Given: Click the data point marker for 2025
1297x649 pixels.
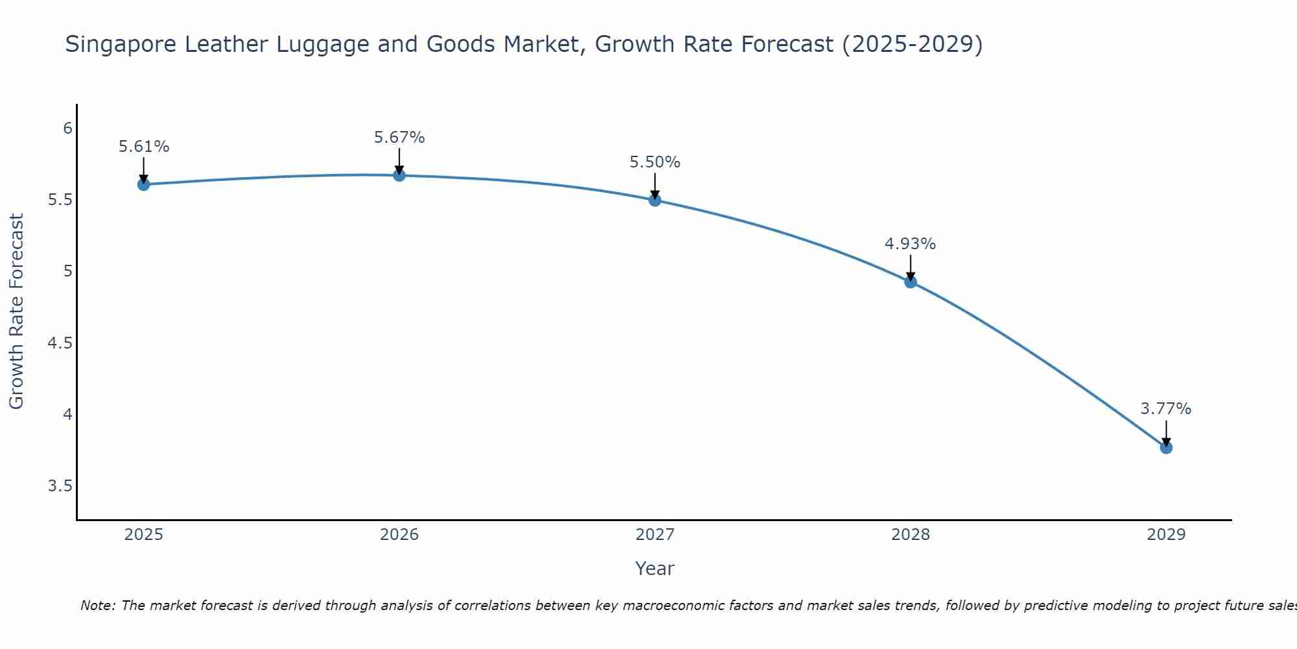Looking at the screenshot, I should coord(143,184).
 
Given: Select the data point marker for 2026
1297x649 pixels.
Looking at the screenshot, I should coord(399,175).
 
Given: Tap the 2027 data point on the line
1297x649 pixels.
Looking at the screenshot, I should coord(654,200).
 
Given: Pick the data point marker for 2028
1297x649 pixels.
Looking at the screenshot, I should coord(910,282).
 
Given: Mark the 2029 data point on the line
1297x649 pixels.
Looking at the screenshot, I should coord(1165,447).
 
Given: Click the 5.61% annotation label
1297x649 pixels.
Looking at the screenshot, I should coord(143,147).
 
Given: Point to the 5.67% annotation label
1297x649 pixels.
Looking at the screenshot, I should coord(399,138).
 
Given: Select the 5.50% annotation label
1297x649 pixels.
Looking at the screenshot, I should coord(654,162).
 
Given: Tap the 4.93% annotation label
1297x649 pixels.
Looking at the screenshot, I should coord(910,244).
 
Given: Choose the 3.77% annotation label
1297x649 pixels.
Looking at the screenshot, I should coord(1165,409).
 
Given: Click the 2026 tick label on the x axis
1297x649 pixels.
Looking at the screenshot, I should coord(399,535).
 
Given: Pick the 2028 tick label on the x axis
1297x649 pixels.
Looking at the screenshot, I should coord(910,535).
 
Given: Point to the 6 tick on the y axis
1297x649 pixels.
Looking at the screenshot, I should coord(67,129).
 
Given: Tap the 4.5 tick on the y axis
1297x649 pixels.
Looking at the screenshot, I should coord(60,343).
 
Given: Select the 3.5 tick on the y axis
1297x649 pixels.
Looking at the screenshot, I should coord(60,486).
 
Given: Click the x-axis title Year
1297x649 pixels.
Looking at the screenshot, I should coord(654,569).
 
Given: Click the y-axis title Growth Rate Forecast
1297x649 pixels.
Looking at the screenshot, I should coord(16,312).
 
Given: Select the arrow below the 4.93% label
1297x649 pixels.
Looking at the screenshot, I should coord(910,267).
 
